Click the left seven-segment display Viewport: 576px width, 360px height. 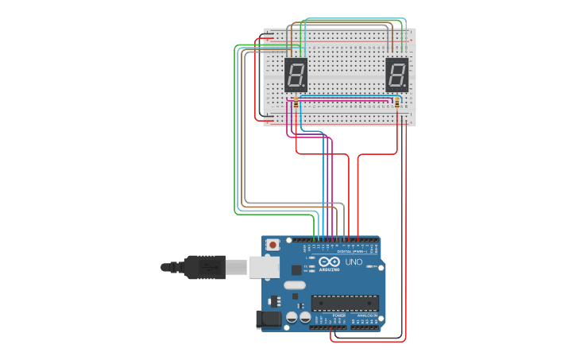pyautogui.click(x=296, y=75)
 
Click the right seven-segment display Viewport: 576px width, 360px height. pyautogui.click(x=396, y=75)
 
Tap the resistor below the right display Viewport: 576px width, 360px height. pyautogui.click(x=397, y=103)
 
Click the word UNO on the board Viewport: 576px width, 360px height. pyautogui.click(x=353, y=262)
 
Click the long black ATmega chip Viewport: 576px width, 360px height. pyautogui.click(x=344, y=303)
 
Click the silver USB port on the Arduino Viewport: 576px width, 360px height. pyautogui.click(x=265, y=267)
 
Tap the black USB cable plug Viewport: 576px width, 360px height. pyautogui.click(x=210, y=268)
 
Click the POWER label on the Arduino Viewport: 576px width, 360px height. pyautogui.click(x=339, y=315)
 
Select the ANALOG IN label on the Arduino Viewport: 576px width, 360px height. pyautogui.click(x=366, y=315)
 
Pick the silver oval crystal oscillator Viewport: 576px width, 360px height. pyautogui.click(x=294, y=285)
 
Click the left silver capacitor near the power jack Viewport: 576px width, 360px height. pyautogui.click(x=292, y=317)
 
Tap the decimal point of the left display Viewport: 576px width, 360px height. pyautogui.click(x=305, y=87)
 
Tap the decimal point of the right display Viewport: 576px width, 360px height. pyautogui.click(x=406, y=87)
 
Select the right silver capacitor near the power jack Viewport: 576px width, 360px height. pyautogui.click(x=305, y=317)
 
